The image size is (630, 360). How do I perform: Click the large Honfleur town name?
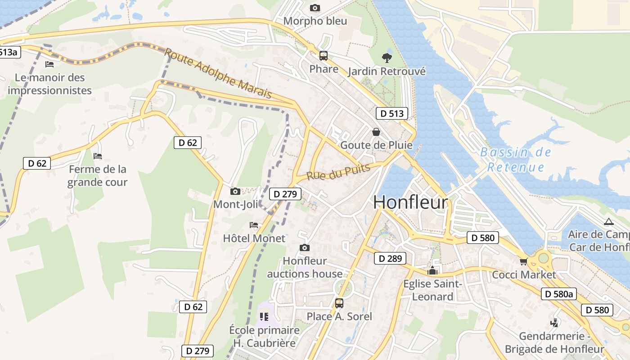pyautogui.click(x=410, y=202)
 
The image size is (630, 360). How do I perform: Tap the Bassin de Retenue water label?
pyautogui.click(x=516, y=160)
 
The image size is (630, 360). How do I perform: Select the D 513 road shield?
pyautogui.click(x=391, y=113)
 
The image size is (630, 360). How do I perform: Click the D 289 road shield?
pyautogui.click(x=390, y=258)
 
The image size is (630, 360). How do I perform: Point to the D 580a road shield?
pyautogui.click(x=558, y=294)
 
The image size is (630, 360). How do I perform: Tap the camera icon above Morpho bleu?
pyautogui.click(x=315, y=8)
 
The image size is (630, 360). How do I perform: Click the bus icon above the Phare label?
pyautogui.click(x=324, y=56)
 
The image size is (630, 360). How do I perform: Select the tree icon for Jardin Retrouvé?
pyautogui.click(x=386, y=58)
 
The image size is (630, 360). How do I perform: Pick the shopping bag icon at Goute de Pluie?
pyautogui.click(x=376, y=132)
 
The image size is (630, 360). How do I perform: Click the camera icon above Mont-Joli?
pyautogui.click(x=235, y=191)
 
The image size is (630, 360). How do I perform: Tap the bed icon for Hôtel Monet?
pyautogui.click(x=254, y=225)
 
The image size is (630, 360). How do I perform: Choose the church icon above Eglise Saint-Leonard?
pyautogui.click(x=432, y=270)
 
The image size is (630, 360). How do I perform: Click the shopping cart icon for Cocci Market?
pyautogui.click(x=523, y=261)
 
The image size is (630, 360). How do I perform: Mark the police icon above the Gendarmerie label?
pyautogui.click(x=554, y=323)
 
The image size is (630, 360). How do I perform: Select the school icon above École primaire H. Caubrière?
pyautogui.click(x=264, y=316)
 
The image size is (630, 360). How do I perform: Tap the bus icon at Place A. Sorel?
pyautogui.click(x=339, y=303)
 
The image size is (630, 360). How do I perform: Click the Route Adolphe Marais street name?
pyautogui.click(x=218, y=73)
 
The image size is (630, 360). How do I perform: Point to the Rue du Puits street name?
pyautogui.click(x=338, y=172)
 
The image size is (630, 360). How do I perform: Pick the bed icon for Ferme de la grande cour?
pyautogui.click(x=98, y=156)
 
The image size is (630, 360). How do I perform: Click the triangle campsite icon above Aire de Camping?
pyautogui.click(x=609, y=221)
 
